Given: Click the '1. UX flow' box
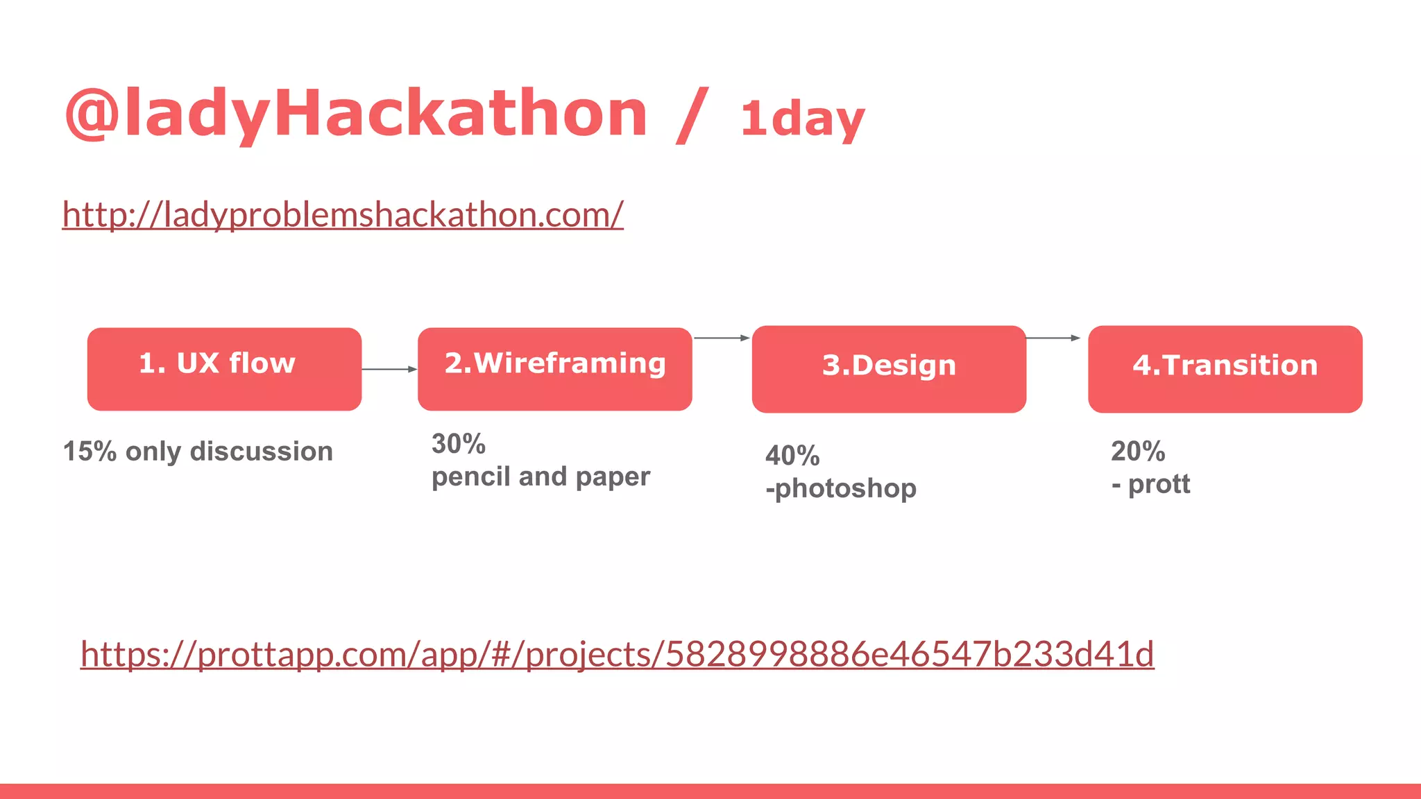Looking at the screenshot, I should [x=224, y=369].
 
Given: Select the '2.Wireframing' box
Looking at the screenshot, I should [x=554, y=369].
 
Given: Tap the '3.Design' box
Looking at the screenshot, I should [x=889, y=369].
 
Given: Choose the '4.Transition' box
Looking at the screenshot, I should [x=1225, y=369].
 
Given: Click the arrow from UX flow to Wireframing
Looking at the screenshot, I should [x=389, y=370].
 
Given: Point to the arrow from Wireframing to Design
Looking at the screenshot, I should [x=722, y=338].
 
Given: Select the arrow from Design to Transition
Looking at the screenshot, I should [x=1053, y=338].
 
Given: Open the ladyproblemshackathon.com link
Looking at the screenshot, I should [x=343, y=214].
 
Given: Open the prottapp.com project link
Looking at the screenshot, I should [x=617, y=654].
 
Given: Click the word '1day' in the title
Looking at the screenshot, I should [x=803, y=119].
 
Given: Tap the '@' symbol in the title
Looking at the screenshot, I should [x=91, y=114].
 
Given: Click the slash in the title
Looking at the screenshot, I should [x=692, y=115].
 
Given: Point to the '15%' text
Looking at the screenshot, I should [x=90, y=452].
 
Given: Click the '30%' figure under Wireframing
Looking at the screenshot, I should [x=458, y=444].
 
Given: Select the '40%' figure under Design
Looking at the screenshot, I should [x=792, y=456].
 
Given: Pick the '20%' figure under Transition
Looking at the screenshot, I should [x=1138, y=452].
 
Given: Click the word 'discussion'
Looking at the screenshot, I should [x=262, y=452].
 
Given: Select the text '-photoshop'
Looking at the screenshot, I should [x=841, y=488].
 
